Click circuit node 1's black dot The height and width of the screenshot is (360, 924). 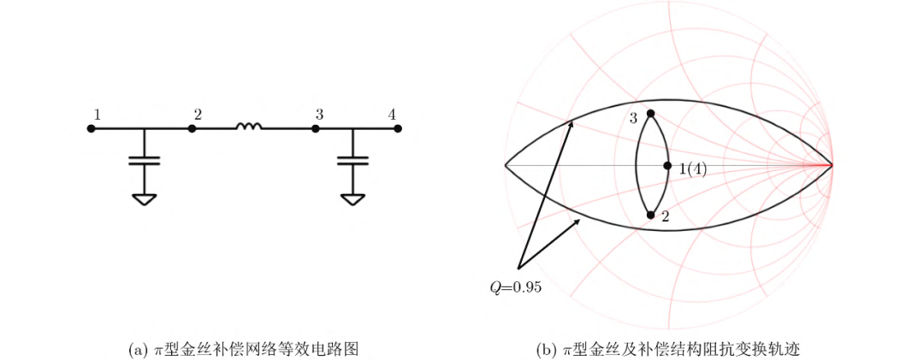(91, 129)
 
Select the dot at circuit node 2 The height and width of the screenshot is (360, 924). (192, 129)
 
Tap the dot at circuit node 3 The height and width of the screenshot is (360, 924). (316, 129)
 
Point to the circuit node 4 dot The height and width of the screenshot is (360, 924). (397, 129)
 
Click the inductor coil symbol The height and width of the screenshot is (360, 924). (249, 127)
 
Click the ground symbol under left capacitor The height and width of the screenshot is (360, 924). (145, 199)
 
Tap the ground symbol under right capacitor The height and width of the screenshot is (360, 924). (352, 199)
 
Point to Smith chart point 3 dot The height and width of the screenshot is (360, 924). (651, 114)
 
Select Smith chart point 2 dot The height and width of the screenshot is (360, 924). (651, 215)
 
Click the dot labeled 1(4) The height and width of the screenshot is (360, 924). (668, 165)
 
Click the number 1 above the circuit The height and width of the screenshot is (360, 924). (98, 114)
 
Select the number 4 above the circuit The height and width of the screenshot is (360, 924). (392, 114)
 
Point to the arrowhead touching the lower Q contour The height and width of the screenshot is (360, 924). (578, 221)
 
